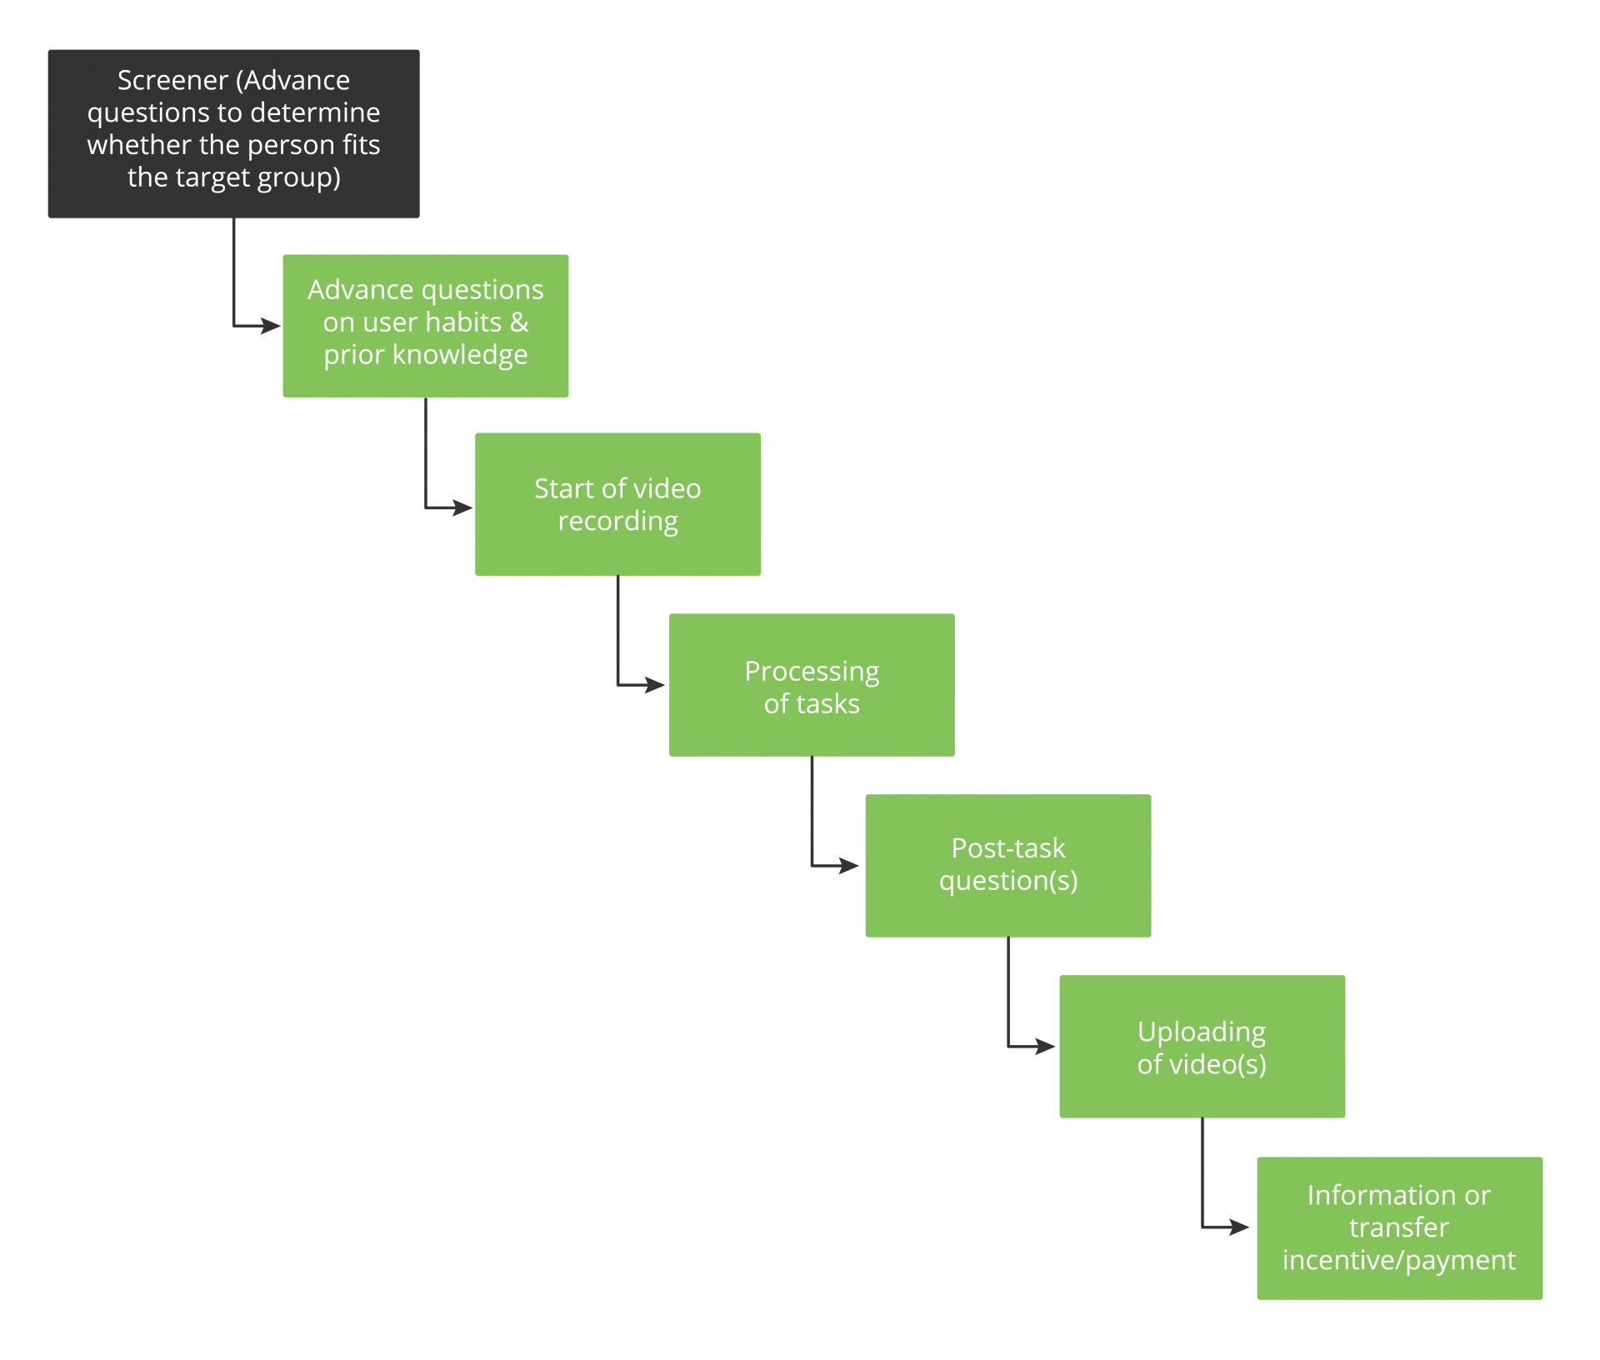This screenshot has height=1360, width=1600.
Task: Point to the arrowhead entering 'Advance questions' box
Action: pyautogui.click(x=272, y=326)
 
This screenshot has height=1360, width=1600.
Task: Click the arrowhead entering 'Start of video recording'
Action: pyautogui.click(x=463, y=507)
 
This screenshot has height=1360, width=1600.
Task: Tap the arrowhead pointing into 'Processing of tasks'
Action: pyautogui.click(x=656, y=686)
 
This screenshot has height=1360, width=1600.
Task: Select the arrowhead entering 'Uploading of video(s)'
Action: pyautogui.click(x=1046, y=1046)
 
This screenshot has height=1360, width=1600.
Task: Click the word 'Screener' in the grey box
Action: pyautogui.click(x=172, y=81)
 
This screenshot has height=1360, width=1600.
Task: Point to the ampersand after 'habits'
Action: pyautogui.click(x=519, y=322)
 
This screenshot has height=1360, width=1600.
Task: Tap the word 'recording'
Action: pyautogui.click(x=617, y=522)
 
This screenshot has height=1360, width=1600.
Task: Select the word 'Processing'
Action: pyautogui.click(x=812, y=672)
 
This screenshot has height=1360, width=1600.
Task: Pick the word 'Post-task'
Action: pyautogui.click(x=1007, y=848)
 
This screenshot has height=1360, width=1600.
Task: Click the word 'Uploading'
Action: pyautogui.click(x=1201, y=1032)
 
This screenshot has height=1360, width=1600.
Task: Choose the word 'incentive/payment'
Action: pyautogui.click(x=1398, y=1261)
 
